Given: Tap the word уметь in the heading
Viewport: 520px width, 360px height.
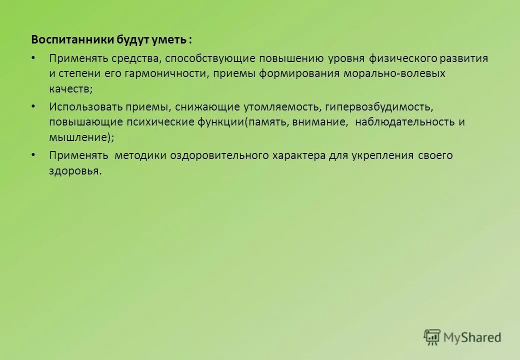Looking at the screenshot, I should [170, 39].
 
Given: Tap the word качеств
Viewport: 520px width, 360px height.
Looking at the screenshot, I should [69, 88].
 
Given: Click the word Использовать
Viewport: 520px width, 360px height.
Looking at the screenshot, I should [81, 106].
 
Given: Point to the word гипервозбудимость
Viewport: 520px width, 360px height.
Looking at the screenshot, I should [376, 106].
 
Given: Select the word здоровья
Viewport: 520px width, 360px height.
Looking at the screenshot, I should [74, 170].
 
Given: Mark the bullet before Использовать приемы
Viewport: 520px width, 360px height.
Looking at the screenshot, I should [33, 106].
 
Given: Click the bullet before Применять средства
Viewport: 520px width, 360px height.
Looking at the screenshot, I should [33, 57].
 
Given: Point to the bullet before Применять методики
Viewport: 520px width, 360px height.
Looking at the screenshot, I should [33, 154].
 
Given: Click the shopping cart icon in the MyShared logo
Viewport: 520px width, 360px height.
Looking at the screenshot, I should [432, 337].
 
